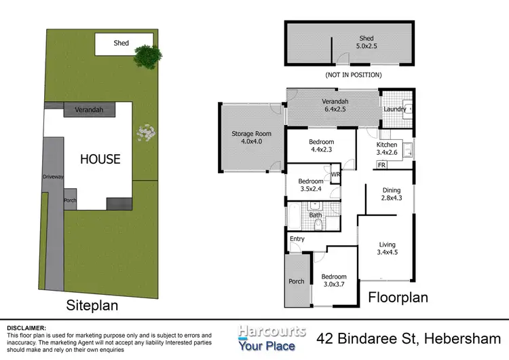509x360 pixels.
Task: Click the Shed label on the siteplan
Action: (121, 43)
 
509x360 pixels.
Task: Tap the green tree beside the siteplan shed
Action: (147, 55)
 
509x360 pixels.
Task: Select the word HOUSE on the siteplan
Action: (100, 159)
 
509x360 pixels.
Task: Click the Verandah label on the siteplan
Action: (88, 109)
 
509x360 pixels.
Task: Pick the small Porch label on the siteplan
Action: (70, 201)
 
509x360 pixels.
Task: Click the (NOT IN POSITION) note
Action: (354, 75)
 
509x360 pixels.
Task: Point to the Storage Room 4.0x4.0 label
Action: (250, 138)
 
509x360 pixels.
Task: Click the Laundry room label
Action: (394, 109)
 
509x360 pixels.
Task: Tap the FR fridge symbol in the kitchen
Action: (381, 165)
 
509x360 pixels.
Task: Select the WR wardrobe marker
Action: (335, 175)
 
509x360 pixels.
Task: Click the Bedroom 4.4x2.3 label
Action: (321, 145)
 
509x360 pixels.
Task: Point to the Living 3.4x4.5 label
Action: (387, 249)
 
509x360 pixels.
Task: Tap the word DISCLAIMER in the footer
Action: (26, 327)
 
